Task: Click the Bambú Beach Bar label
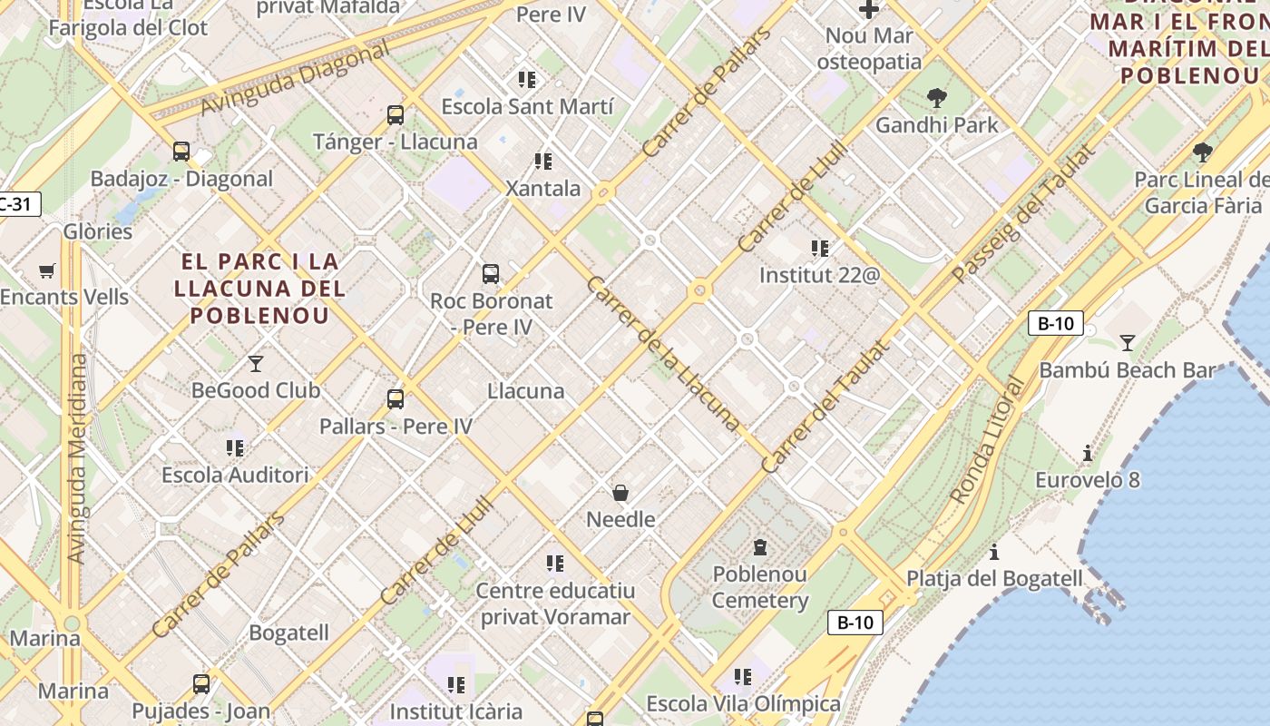1126,370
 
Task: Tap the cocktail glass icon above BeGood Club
256,364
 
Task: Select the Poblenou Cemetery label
759,587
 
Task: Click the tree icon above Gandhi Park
936,98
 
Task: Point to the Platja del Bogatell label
994,579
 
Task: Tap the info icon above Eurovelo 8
1087,453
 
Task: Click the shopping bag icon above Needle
620,493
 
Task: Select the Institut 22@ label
819,275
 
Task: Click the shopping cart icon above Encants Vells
47,270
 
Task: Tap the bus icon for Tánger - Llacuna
395,115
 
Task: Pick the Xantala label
542,189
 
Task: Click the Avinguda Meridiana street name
77,458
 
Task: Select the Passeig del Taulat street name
1022,213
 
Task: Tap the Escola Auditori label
235,475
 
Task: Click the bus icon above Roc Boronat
490,273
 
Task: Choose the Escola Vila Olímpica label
743,704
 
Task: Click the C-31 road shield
18,204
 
